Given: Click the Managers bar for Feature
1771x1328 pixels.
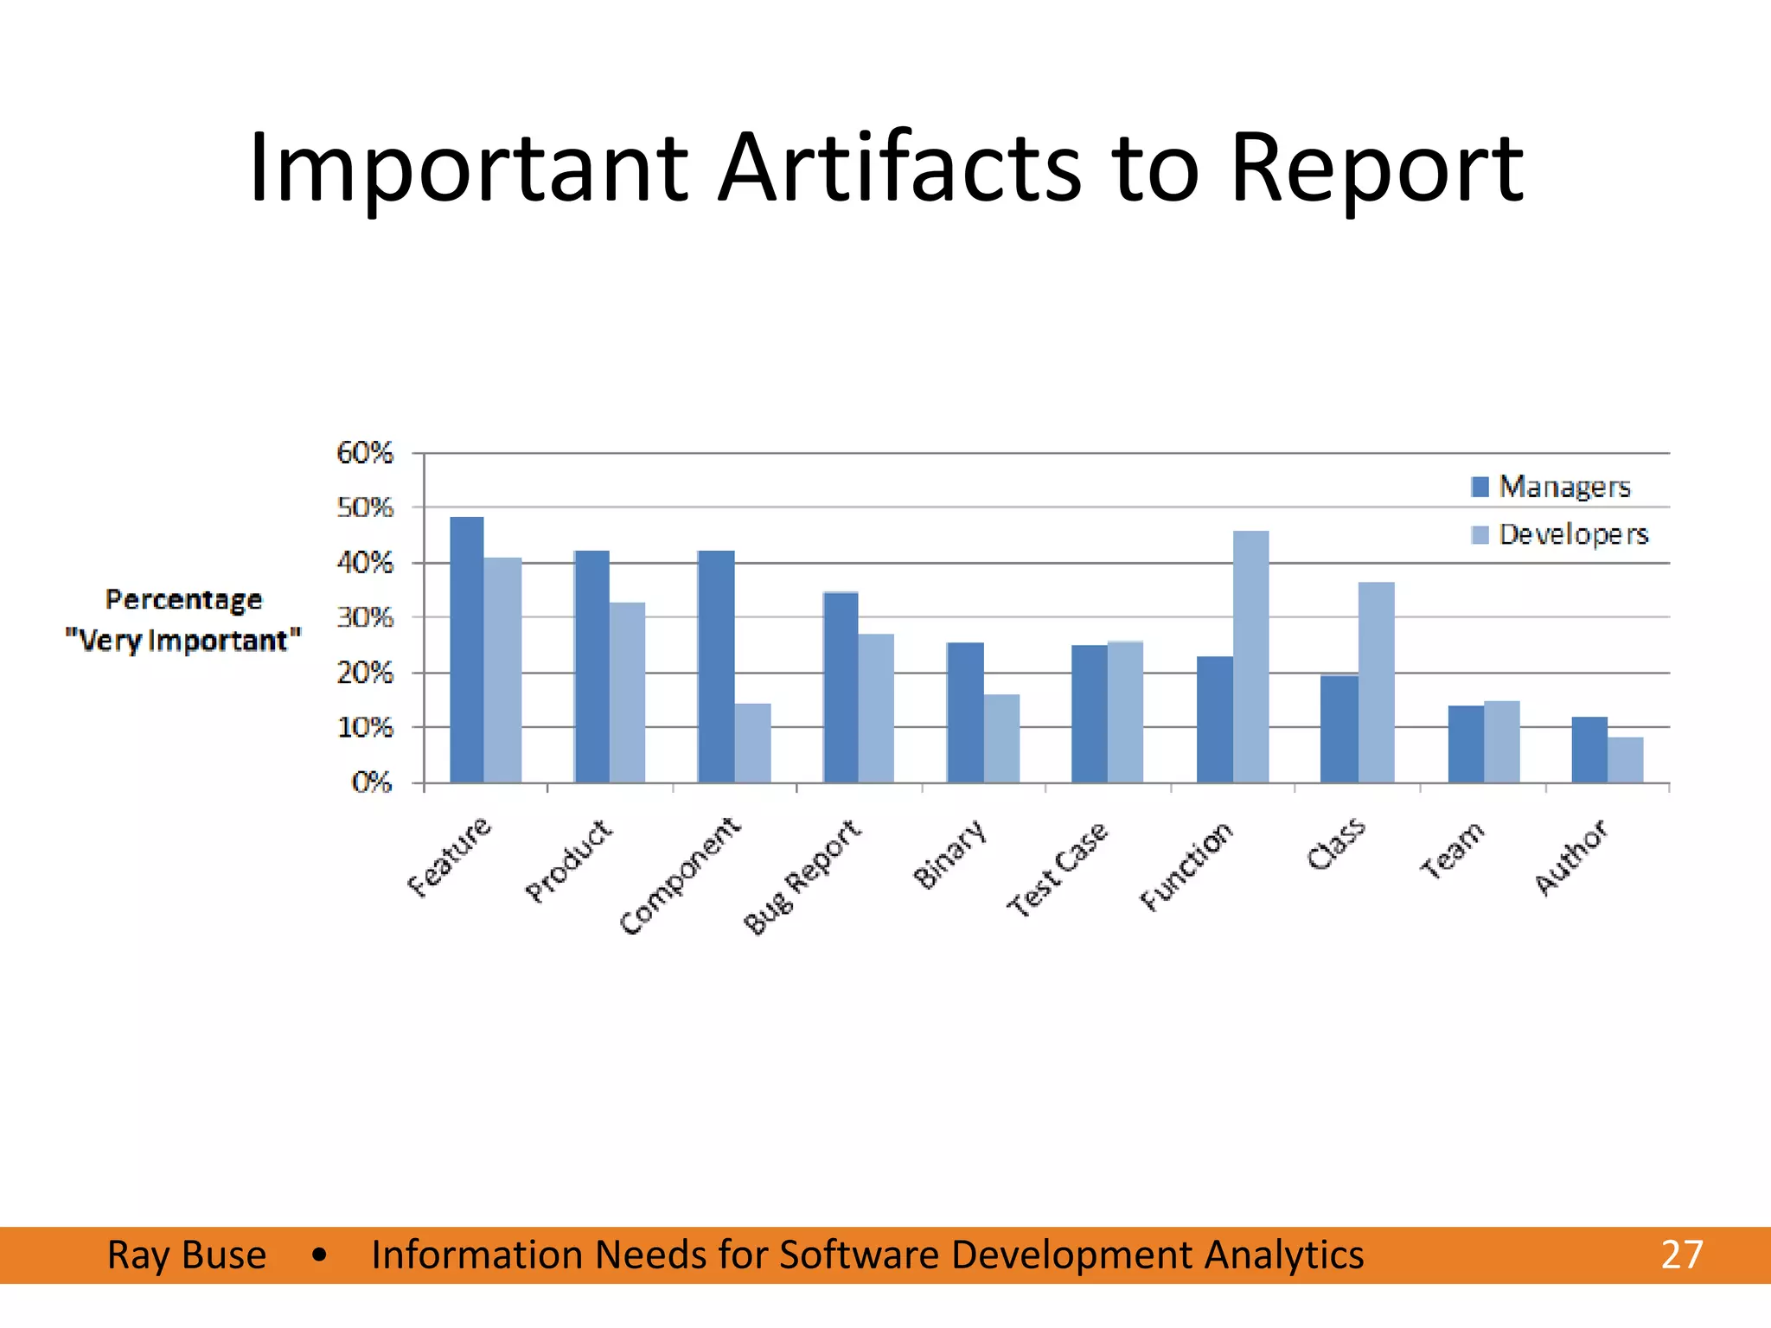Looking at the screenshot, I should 467,650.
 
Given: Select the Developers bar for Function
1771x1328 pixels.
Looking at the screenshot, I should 1250,657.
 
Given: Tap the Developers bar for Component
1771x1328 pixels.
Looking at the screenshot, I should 752,744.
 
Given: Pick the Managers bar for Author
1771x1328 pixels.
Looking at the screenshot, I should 1589,750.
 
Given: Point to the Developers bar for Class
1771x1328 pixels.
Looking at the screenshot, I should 1376,683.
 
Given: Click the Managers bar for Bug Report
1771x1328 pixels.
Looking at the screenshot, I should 841,687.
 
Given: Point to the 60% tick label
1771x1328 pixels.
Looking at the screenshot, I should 364,453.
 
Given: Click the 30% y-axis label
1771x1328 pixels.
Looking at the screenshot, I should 364,618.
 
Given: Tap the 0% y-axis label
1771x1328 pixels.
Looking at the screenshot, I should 372,782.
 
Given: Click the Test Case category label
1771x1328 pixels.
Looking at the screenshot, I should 1057,869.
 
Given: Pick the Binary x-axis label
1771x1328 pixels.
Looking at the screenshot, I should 949,854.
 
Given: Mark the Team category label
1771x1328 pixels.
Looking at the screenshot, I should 1452,850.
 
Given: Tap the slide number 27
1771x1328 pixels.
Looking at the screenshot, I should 1681,1255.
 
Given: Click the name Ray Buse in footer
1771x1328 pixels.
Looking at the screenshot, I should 187,1255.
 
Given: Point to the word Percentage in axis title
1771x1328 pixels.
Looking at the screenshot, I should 183,599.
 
